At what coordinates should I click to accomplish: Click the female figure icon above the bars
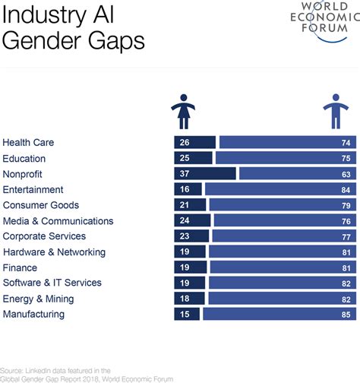pyautogui.click(x=185, y=111)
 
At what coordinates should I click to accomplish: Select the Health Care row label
pyautogui.click(x=28, y=143)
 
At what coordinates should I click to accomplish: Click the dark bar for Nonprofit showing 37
pyautogui.click(x=204, y=174)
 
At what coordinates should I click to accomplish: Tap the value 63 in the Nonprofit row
pyautogui.click(x=346, y=174)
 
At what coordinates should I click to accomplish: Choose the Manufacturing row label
pyautogui.click(x=33, y=314)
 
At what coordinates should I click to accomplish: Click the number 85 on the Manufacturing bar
pyautogui.click(x=346, y=314)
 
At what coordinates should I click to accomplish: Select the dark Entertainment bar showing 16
pyautogui.click(x=188, y=189)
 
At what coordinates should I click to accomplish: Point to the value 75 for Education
pyautogui.click(x=346, y=158)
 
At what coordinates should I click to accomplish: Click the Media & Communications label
pyautogui.click(x=58, y=221)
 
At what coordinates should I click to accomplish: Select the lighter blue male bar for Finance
pyautogui.click(x=282, y=267)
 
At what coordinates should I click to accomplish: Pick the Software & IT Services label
pyautogui.click(x=52, y=283)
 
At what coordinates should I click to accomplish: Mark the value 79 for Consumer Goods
pyautogui.click(x=346, y=205)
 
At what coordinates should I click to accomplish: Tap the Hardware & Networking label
pyautogui.click(x=54, y=252)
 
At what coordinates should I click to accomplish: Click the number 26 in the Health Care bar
pyautogui.click(x=183, y=143)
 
